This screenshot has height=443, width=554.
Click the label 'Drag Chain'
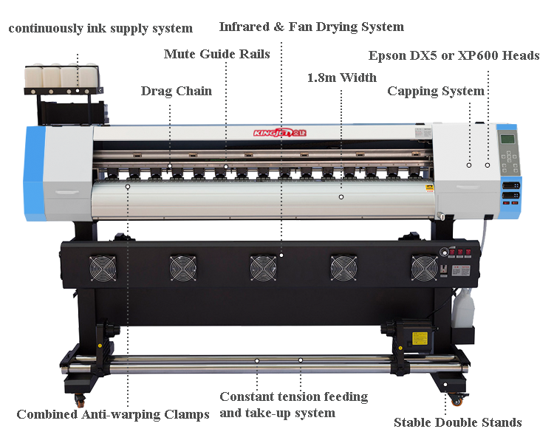pos(176,92)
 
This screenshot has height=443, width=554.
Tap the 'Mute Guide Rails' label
pos(216,54)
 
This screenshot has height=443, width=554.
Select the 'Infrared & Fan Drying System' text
pos(311,27)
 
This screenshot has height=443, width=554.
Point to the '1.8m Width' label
pos(341,78)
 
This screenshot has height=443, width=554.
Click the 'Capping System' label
pos(436,92)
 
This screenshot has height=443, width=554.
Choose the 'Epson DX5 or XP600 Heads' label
pos(454,56)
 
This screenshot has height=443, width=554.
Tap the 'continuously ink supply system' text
pos(100,29)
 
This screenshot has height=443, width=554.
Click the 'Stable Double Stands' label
pos(457,422)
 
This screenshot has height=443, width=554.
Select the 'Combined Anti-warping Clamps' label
pos(113,414)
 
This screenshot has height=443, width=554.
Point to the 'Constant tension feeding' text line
pos(293,397)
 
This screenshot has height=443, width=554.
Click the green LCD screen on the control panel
pos(507,140)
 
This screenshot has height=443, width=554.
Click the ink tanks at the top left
pos(61,75)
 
